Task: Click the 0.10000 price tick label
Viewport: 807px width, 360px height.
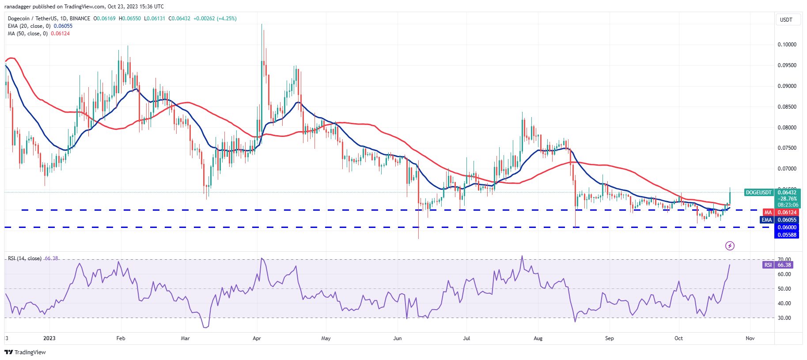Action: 787,45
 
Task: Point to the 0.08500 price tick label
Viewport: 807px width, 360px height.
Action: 787,107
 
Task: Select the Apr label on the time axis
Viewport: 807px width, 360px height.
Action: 257,338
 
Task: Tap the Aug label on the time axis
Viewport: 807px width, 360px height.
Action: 538,338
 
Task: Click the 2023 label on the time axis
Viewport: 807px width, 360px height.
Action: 49,338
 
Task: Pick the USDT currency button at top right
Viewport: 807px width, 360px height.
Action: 786,20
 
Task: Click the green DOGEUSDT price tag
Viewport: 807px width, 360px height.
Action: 759,193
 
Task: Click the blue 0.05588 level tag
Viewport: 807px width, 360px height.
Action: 787,235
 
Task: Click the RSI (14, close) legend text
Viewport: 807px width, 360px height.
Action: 25,258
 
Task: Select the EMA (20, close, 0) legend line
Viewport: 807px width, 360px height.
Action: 29,26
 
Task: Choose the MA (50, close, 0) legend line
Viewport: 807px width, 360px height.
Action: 27,34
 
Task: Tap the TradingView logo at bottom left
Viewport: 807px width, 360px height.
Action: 25,352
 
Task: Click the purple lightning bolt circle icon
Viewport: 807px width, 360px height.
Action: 730,246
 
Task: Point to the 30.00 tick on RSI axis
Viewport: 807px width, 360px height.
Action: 784,318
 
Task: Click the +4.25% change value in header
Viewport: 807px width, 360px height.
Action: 227,19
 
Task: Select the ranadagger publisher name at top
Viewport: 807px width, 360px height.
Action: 18,7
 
